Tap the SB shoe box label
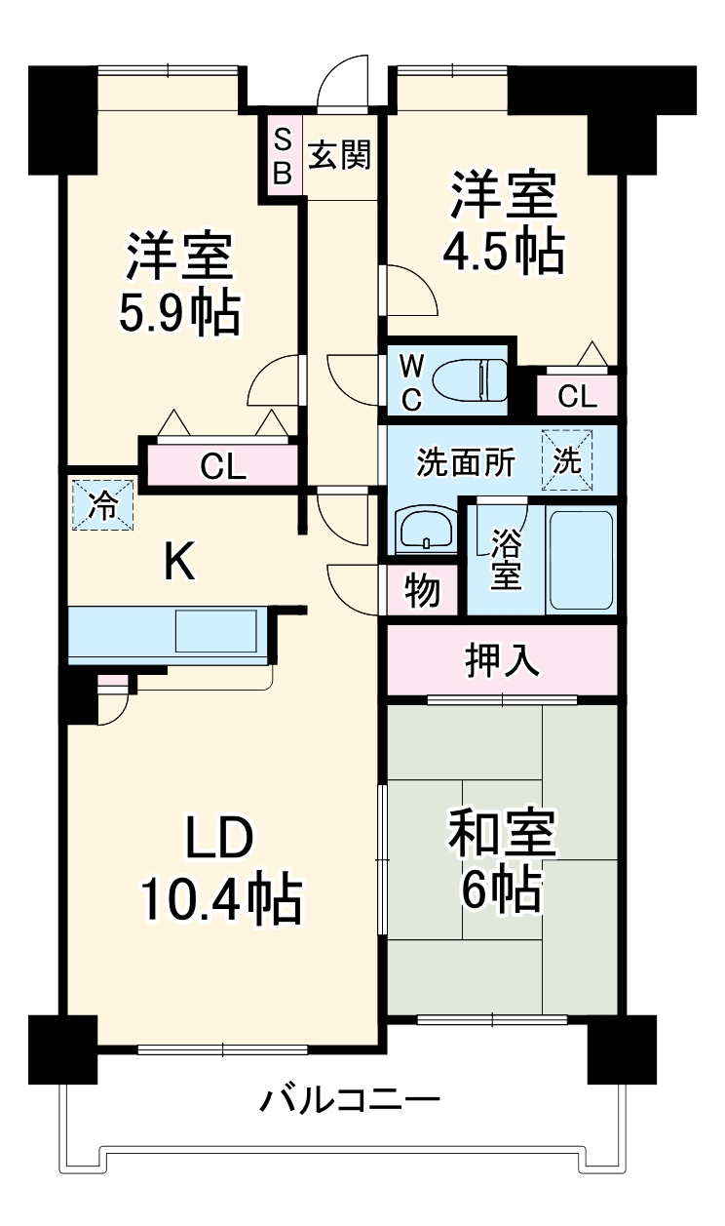tap(281, 155)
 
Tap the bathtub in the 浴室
tap(580, 558)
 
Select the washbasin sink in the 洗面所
tap(424, 531)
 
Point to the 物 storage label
tap(422, 591)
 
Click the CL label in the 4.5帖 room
tap(578, 396)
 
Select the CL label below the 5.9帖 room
tap(223, 467)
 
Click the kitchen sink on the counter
tap(217, 633)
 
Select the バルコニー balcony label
tap(349, 1101)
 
